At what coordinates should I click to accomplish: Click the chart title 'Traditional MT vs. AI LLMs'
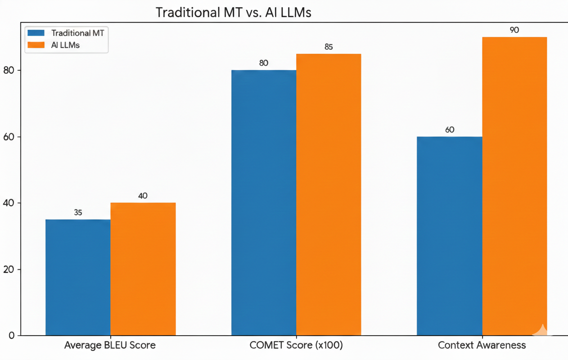point(233,13)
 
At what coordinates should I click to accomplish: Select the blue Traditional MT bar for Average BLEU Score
point(78,277)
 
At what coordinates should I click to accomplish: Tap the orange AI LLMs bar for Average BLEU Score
point(143,269)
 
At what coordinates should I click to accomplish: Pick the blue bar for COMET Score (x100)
point(264,202)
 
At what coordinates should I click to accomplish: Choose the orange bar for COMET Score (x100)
point(329,194)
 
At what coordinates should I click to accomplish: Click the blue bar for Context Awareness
point(449,236)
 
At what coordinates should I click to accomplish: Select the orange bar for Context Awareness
point(514,186)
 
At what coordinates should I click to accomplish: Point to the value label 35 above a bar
point(78,212)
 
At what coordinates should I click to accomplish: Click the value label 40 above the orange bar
point(143,196)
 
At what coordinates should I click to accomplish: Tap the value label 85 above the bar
point(329,47)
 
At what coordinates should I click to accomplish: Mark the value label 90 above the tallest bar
point(514,30)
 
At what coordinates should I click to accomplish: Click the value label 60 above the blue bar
point(450,130)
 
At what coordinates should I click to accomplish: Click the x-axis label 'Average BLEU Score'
point(110,346)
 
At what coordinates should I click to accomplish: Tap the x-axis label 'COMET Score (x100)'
point(296,346)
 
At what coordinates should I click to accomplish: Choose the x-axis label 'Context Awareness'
point(482,346)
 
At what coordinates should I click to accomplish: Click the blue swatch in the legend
point(36,33)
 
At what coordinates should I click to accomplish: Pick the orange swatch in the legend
point(36,45)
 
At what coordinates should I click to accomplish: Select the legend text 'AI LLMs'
point(65,45)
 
